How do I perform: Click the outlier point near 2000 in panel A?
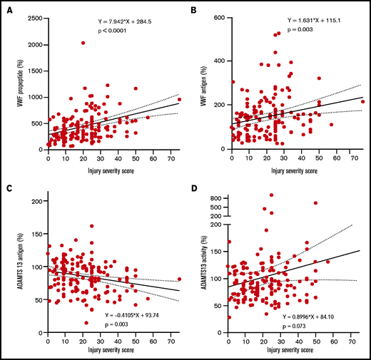[83, 43]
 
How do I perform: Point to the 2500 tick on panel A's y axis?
[36, 16]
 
